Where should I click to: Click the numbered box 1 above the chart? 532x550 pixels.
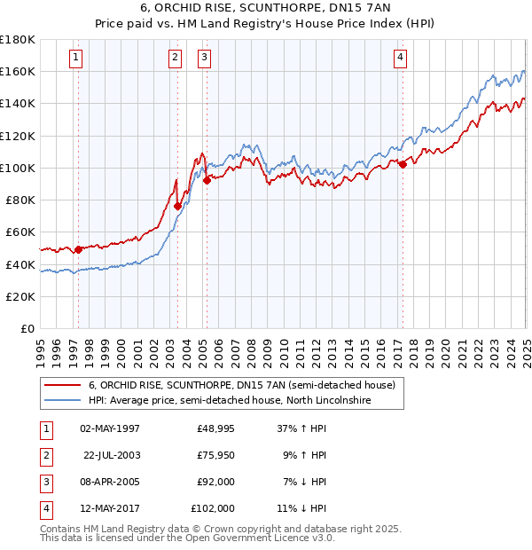(x=76, y=59)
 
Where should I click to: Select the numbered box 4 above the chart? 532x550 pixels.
(x=401, y=59)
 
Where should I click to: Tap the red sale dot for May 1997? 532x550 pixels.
(x=78, y=249)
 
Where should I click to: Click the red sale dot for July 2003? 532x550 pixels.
(x=178, y=206)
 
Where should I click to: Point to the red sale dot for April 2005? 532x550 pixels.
(x=207, y=180)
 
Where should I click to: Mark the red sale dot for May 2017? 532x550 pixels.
(x=403, y=164)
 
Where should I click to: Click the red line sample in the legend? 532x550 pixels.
(x=64, y=385)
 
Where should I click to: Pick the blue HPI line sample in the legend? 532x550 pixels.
(x=64, y=401)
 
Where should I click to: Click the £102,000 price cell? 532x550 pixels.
(x=213, y=508)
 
